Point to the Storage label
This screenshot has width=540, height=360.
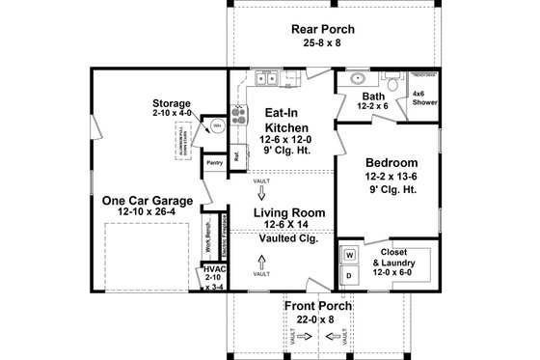pos(172,107)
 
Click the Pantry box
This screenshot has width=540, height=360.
pos(214,164)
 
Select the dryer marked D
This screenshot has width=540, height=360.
pos(349,276)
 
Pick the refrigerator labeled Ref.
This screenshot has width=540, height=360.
pos(235,155)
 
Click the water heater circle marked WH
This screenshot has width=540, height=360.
pos(217,125)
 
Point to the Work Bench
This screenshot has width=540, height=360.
pos(207,235)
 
